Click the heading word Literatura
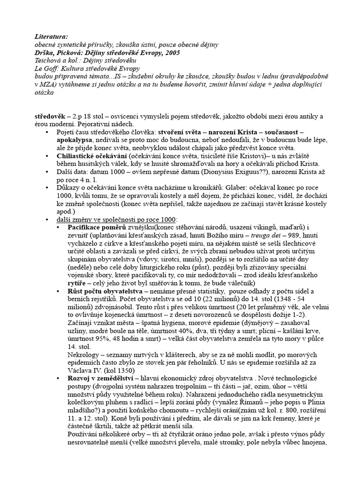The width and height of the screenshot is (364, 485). point(51,36)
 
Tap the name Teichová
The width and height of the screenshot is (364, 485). point(49,61)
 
